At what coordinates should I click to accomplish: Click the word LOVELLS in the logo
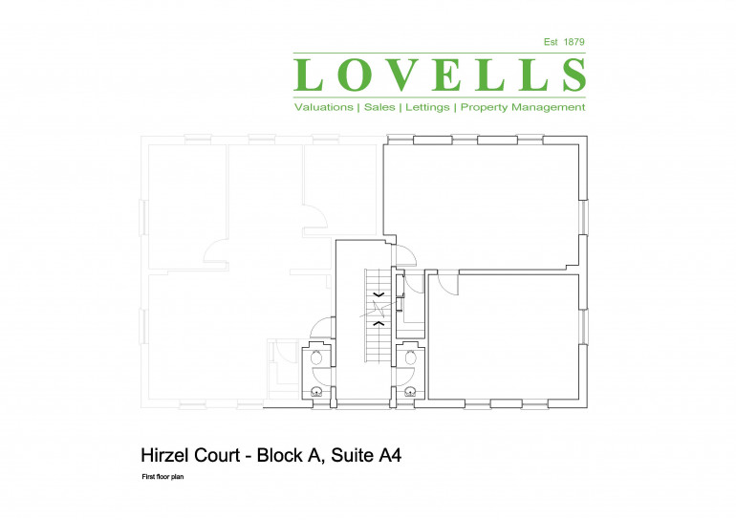(x=440, y=76)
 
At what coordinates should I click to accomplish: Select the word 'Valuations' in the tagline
(x=323, y=107)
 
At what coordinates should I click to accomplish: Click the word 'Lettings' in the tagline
(x=427, y=107)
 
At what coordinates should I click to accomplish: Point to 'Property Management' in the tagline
(x=523, y=107)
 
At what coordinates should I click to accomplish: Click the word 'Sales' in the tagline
(x=379, y=107)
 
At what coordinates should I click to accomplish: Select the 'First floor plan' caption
(x=162, y=476)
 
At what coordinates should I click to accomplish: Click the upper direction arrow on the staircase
(x=379, y=294)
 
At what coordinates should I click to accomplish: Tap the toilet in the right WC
(x=411, y=357)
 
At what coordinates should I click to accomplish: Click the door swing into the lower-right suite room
(x=446, y=283)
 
